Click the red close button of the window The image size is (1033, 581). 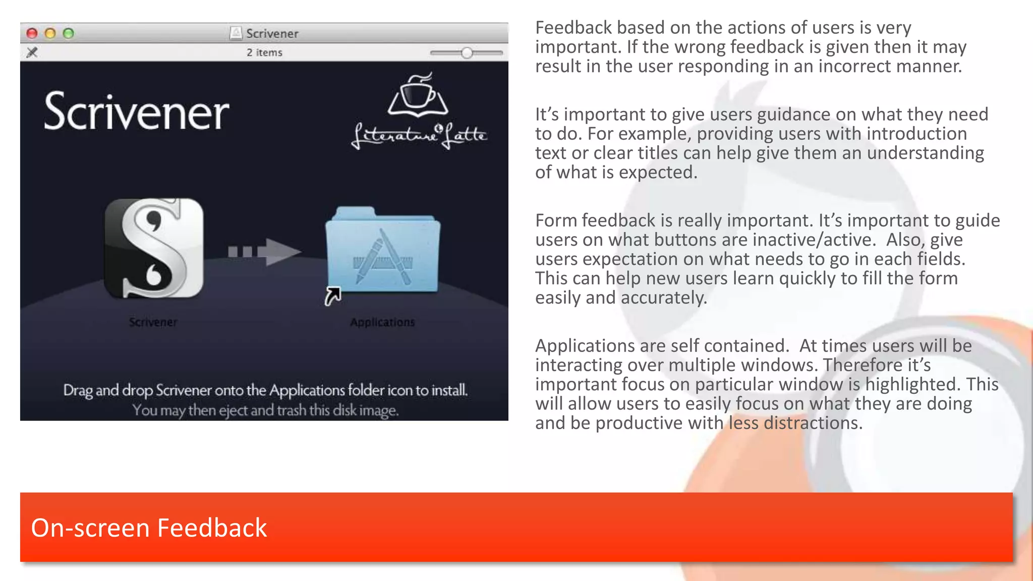(32, 33)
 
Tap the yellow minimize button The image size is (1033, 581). (50, 33)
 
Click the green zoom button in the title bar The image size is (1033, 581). (69, 33)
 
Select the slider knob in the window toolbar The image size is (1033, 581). (467, 52)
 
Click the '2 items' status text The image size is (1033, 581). (264, 52)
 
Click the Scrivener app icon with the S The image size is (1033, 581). (154, 248)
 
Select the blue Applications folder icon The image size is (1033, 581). (383, 250)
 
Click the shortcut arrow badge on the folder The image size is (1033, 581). (332, 296)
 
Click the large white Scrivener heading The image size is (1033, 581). (136, 112)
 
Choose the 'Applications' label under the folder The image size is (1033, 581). (382, 322)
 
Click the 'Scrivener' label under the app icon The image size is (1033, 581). (153, 322)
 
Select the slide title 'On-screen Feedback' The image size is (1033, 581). (149, 528)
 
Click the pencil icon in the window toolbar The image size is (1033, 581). (32, 52)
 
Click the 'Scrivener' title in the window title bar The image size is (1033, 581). (272, 33)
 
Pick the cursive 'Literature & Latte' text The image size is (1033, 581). (419, 135)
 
